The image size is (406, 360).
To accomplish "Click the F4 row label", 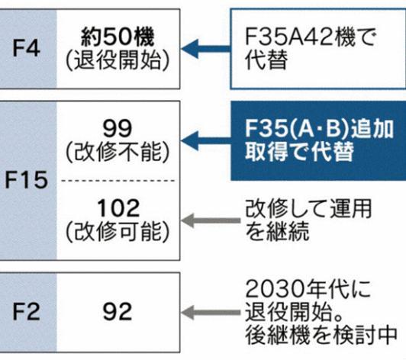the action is coord(27,48).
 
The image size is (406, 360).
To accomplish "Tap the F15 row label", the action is coord(27,180).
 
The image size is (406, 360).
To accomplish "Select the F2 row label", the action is coord(27,312).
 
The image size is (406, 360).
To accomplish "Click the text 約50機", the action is coord(118,37).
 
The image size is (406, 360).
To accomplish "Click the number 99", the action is coord(118,128).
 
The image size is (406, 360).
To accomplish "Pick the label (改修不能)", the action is coord(118,152).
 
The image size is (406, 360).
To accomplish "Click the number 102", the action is coord(118,208).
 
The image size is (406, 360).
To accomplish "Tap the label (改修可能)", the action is coord(118,232).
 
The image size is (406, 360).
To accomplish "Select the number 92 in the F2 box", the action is coord(118,312).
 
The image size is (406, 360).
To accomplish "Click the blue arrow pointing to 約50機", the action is coord(206,49).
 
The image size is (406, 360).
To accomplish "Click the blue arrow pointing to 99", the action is coord(206,141).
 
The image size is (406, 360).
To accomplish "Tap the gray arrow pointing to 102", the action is coord(211,220).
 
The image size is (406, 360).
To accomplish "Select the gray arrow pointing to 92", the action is coord(211,313).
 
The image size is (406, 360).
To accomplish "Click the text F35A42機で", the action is coord(310,37).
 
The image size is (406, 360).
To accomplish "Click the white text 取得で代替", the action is coord(300,152).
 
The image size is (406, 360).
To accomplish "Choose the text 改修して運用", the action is coord(308,208).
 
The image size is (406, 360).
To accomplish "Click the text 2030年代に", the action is coord(308,289).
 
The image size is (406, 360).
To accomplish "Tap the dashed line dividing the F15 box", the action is coord(118,181).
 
